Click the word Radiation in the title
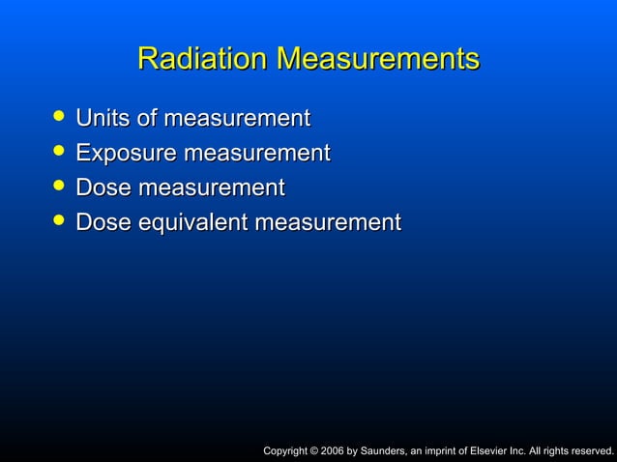click(x=204, y=58)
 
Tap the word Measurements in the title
click(x=378, y=58)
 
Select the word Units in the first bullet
click(x=103, y=119)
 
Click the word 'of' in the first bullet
click(x=148, y=119)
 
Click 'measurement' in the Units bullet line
click(x=238, y=120)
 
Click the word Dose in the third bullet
click(x=104, y=188)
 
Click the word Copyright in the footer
click(x=287, y=450)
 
